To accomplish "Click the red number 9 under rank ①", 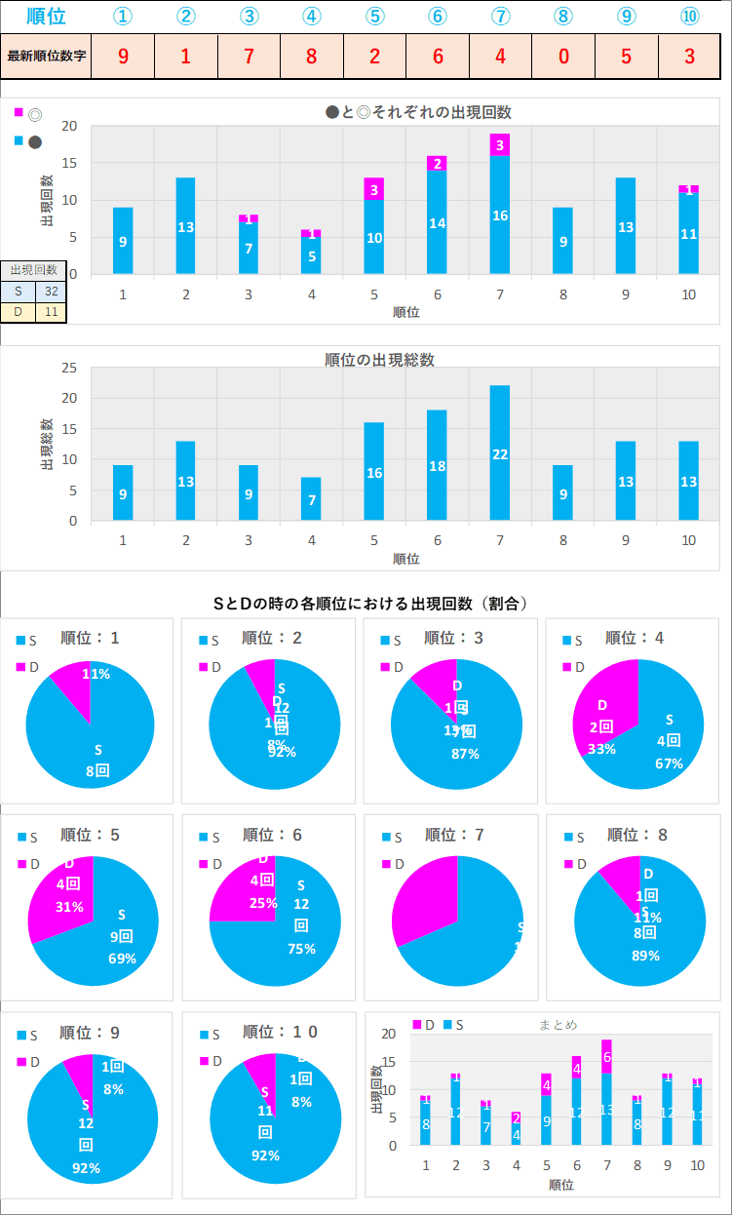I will click(x=123, y=56).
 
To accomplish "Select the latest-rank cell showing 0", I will click(x=563, y=56).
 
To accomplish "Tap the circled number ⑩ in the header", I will click(x=689, y=17).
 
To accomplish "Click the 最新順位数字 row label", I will click(x=46, y=56).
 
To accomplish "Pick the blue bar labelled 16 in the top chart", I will click(x=500, y=215).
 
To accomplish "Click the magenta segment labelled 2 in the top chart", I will click(x=437, y=163).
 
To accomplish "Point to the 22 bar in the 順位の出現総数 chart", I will click(x=500, y=453).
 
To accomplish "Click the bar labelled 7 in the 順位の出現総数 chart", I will click(x=311, y=499).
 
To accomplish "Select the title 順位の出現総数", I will click(x=379, y=360).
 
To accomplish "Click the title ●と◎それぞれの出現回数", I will click(x=418, y=112).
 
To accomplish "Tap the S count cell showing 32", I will click(x=51, y=290).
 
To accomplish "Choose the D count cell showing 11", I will click(x=51, y=311).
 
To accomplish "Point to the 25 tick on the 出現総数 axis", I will click(x=69, y=368).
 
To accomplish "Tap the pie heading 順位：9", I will click(x=90, y=1032).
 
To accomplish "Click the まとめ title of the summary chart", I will click(x=558, y=1024).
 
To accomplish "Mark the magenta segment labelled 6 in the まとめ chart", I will click(x=606, y=1057).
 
